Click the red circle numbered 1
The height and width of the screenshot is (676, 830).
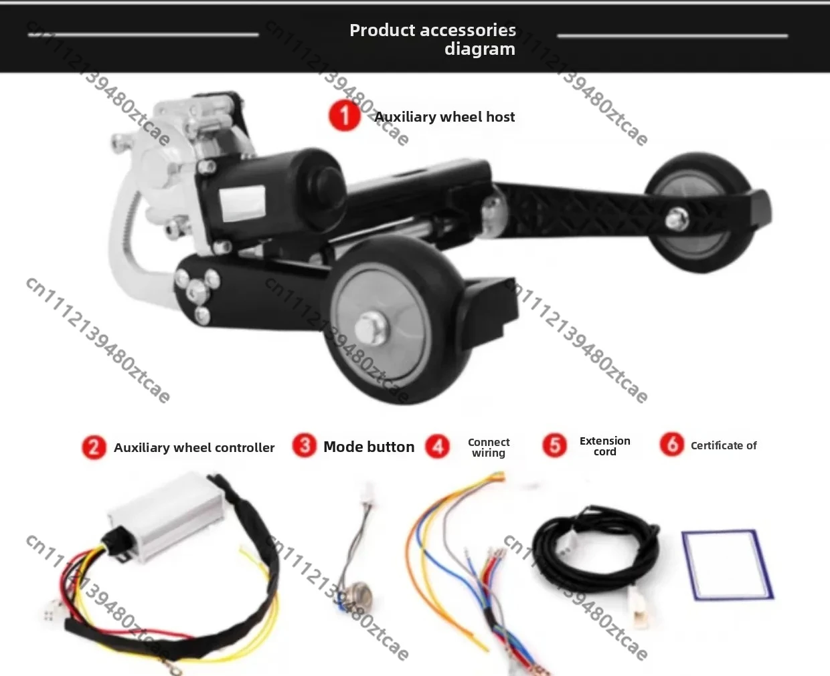coord(345,116)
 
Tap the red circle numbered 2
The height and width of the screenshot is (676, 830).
coord(94,447)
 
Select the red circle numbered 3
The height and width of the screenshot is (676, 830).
coord(304,445)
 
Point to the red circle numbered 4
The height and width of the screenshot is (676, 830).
coord(437,447)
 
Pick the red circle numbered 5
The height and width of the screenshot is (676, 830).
coord(554,445)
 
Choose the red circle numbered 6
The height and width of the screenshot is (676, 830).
coord(672,445)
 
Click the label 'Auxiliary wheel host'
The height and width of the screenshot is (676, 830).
coord(444,117)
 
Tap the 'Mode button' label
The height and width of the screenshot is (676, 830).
coord(369,447)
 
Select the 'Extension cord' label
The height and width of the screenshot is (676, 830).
coord(605,447)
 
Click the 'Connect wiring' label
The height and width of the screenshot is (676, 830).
coord(489,447)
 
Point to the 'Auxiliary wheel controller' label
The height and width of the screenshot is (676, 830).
coord(194,447)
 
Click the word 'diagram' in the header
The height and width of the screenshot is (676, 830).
coord(480,49)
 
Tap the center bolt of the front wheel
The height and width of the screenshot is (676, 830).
coord(371,328)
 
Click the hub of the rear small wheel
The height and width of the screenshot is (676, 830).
coord(677,219)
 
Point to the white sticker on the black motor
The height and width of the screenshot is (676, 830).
coord(242,202)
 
